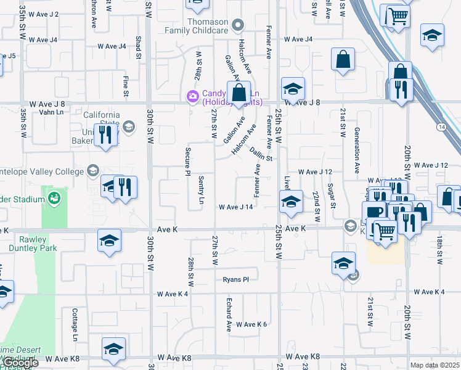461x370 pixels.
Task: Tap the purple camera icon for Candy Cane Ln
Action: [192, 96]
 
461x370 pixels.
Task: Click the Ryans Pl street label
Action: [236, 279]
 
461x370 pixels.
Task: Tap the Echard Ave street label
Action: [228, 314]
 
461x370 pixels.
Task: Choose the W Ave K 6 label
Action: [251, 324]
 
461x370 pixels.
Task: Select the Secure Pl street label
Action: [187, 161]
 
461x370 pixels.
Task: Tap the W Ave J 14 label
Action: [236, 207]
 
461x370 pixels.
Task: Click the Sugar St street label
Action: [331, 195]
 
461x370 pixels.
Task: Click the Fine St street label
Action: [125, 86]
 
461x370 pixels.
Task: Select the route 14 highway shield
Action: [441, 127]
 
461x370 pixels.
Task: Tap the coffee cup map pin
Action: [374, 212]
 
